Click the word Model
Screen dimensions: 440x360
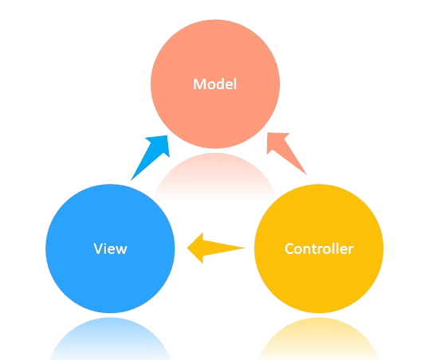pos(215,84)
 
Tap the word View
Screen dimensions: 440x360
pos(110,248)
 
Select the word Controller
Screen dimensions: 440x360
pos(319,248)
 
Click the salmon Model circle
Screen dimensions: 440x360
pos(215,84)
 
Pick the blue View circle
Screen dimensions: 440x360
pos(110,248)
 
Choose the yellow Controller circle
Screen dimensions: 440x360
pos(319,248)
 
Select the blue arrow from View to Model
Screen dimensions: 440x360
pos(151,158)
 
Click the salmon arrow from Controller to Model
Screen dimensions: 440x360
pos(286,154)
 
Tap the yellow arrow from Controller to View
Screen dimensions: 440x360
pos(216,248)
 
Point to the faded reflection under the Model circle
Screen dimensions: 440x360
pos(215,175)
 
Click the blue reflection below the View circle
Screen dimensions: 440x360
pos(110,338)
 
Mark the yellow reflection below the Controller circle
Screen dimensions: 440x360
pos(319,338)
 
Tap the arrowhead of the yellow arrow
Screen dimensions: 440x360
pos(196,248)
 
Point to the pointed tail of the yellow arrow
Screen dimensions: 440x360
pos(245,248)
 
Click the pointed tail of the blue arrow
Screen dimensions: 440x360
pos(132,180)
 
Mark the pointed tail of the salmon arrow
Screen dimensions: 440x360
pos(306,174)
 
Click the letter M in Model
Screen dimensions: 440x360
pos(199,84)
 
